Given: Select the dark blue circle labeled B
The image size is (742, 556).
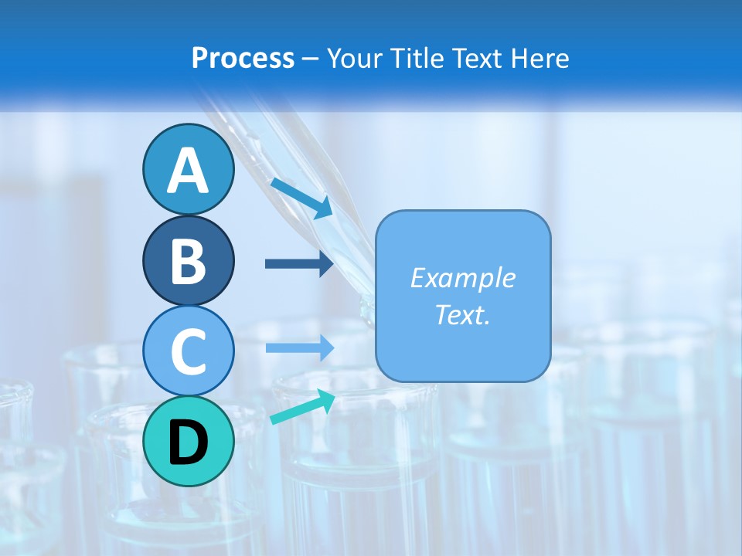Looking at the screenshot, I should click(x=188, y=261).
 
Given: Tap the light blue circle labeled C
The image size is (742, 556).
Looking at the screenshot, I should click(x=188, y=351).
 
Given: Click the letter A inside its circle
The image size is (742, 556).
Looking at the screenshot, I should click(x=188, y=171).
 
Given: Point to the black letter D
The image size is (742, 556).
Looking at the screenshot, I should click(x=188, y=442).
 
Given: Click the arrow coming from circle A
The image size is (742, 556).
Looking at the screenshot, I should click(x=301, y=196).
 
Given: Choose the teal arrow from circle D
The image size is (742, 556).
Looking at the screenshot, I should click(x=302, y=407).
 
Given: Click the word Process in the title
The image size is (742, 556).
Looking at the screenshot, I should click(x=243, y=58).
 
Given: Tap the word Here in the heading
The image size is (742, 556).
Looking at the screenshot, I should click(x=540, y=58).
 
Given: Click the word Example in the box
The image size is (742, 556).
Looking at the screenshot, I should click(x=462, y=278).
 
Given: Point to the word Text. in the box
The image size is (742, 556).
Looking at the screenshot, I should click(x=462, y=314).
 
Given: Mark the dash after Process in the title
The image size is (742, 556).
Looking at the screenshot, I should click(x=311, y=59).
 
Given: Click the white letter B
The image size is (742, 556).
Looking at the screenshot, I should click(x=188, y=261).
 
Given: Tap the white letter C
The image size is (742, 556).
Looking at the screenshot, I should click(x=188, y=351).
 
